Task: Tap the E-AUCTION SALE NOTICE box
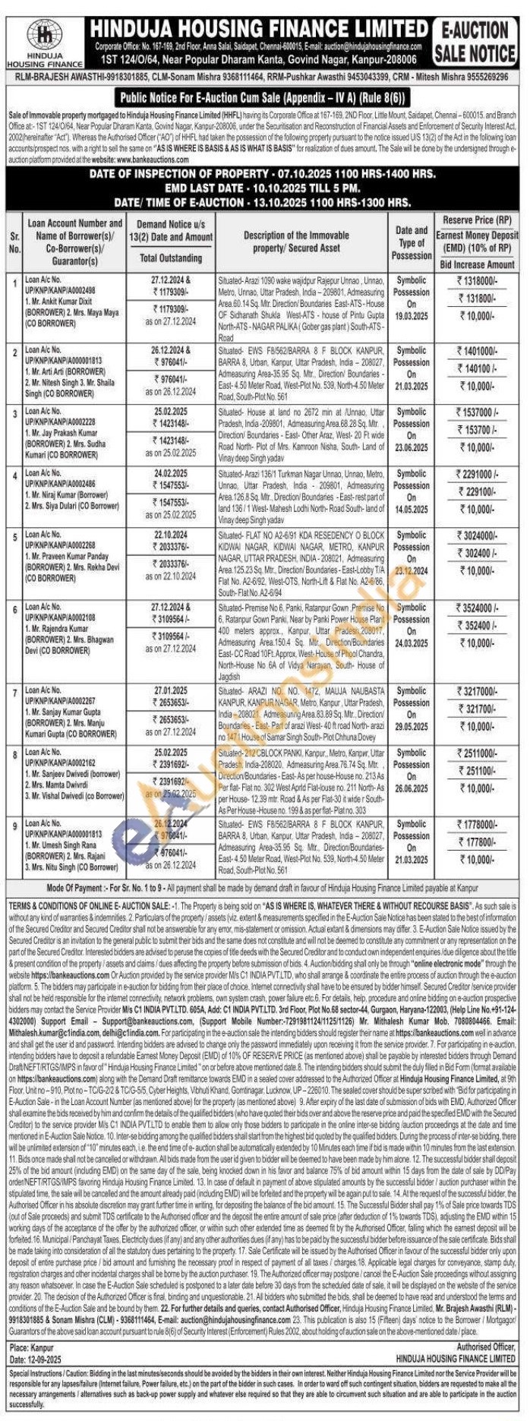click(475, 43)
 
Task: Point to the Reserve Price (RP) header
click(477, 219)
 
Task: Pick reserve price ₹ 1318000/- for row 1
click(476, 281)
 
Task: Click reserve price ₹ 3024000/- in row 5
click(476, 535)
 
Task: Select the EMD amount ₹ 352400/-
click(476, 626)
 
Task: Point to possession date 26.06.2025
click(411, 788)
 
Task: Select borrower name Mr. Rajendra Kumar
click(61, 630)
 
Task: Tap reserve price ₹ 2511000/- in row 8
click(476, 753)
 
